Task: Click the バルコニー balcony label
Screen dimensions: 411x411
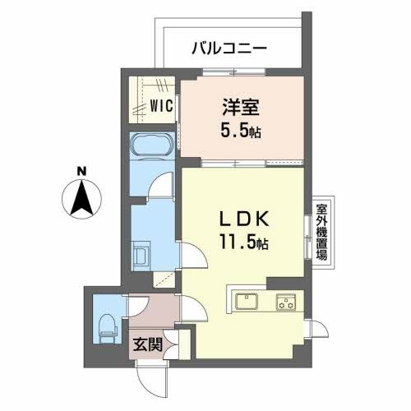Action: [x=229, y=48]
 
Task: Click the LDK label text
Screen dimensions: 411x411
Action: [x=242, y=219]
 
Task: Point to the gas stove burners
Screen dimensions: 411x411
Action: [x=287, y=302]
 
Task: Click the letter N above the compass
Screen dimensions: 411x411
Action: [x=81, y=171]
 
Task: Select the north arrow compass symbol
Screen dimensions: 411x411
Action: [x=81, y=200]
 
